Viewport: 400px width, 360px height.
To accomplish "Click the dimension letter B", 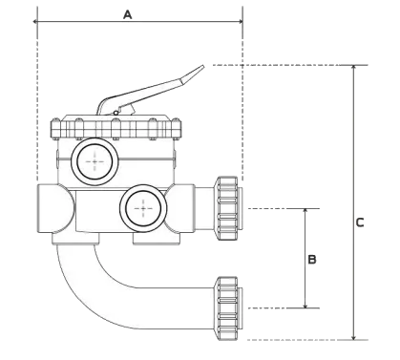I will pos(311,258).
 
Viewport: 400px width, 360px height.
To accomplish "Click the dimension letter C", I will pos(360,222).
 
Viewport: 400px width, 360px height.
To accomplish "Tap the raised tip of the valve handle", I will pos(198,69).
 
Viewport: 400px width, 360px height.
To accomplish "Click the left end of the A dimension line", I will pos(34,18).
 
